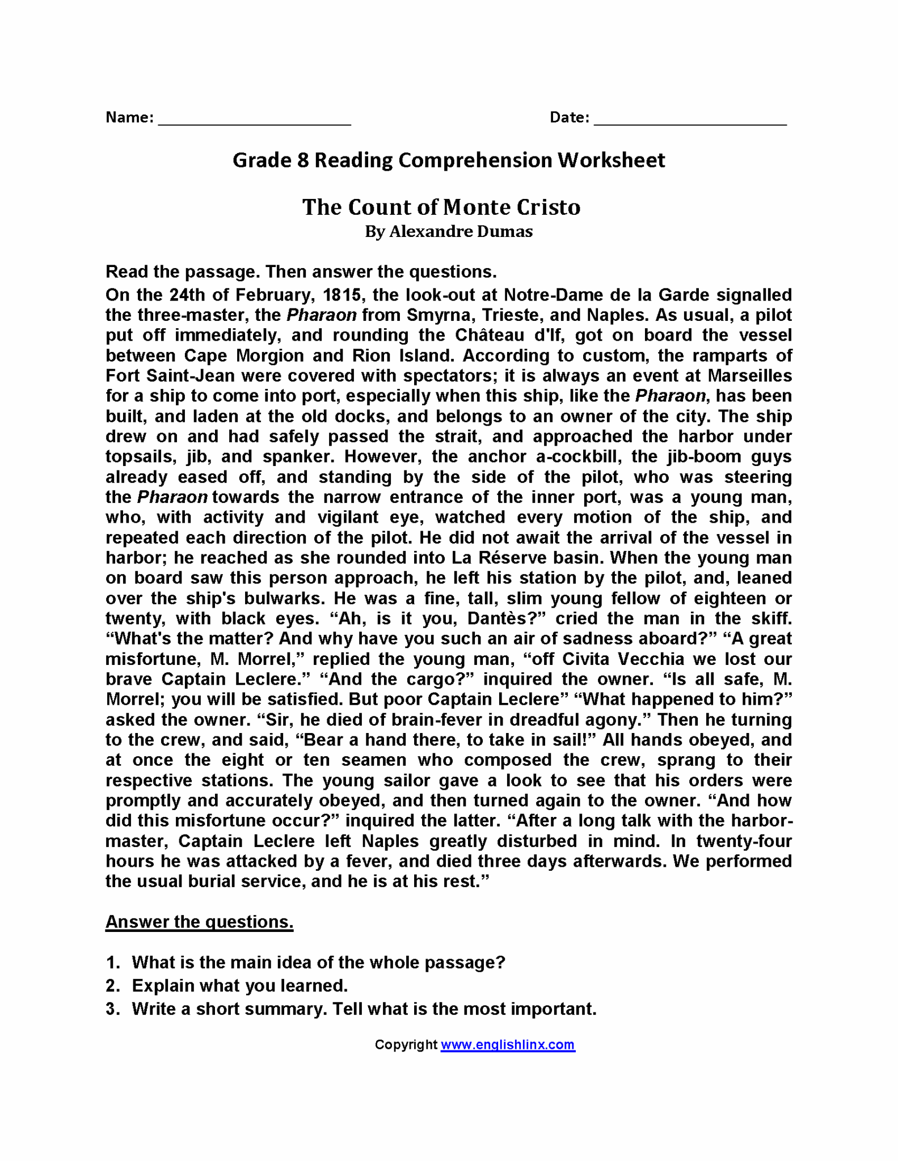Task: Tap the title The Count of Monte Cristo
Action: [x=441, y=207]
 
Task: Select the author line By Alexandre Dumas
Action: [x=448, y=232]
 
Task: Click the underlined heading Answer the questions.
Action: [x=199, y=922]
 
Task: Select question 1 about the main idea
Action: [x=318, y=963]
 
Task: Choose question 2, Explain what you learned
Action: [x=239, y=986]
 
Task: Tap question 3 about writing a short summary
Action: [x=363, y=1009]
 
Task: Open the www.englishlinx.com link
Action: [x=508, y=1045]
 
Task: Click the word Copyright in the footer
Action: [x=406, y=1045]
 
